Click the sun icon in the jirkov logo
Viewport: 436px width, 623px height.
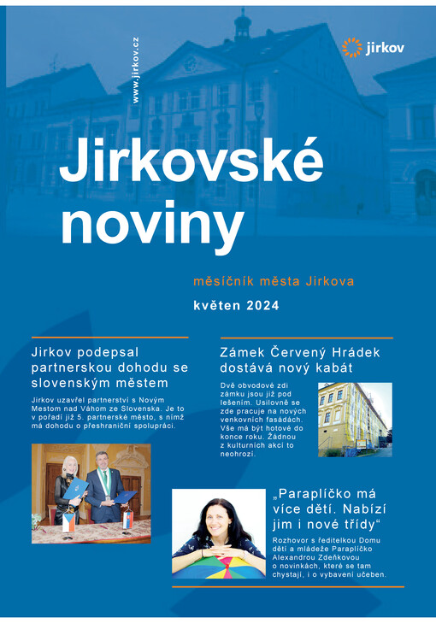[351, 48]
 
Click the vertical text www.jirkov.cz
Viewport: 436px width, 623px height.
[135, 71]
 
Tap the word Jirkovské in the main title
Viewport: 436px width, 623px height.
[191, 160]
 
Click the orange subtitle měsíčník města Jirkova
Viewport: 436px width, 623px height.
[274, 280]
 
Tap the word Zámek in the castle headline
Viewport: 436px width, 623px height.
[241, 352]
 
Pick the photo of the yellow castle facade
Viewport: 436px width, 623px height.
[354, 419]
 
